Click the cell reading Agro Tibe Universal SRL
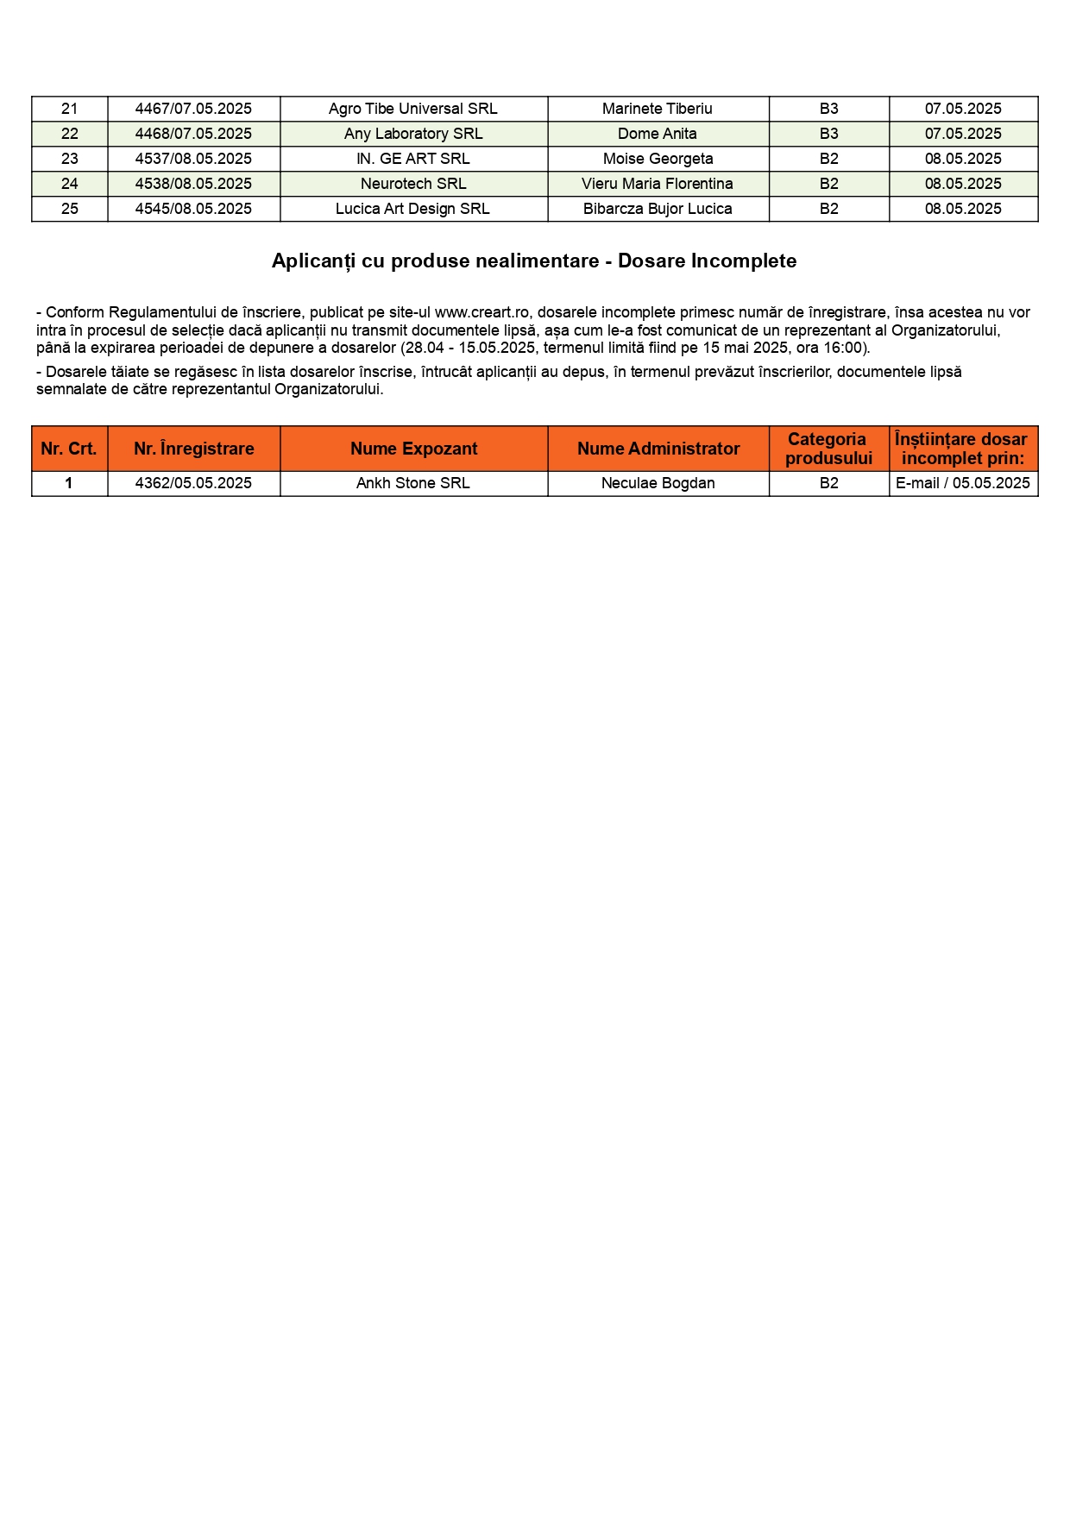(x=413, y=109)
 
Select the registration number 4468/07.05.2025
(x=193, y=134)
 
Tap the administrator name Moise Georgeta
(x=658, y=159)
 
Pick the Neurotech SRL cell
(x=413, y=184)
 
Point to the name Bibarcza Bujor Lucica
(x=658, y=209)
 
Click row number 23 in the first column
(x=70, y=159)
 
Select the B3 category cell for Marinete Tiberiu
(x=828, y=109)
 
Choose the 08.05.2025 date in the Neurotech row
(x=963, y=184)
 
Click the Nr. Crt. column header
(x=69, y=449)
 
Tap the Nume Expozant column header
(x=413, y=449)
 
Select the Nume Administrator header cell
(x=658, y=449)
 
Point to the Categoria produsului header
(x=828, y=449)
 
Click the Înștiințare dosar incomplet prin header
(x=962, y=449)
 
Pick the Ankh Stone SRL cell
(x=413, y=483)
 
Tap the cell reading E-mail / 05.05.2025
(x=963, y=483)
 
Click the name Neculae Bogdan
(x=658, y=483)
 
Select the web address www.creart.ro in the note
(x=481, y=312)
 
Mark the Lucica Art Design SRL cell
(x=413, y=209)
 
